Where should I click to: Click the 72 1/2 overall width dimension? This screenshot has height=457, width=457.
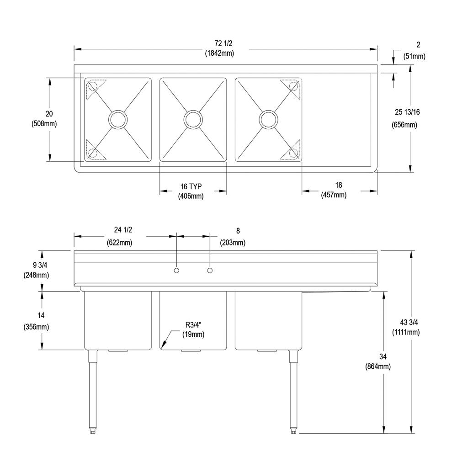223,43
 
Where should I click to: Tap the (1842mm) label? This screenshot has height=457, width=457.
219,53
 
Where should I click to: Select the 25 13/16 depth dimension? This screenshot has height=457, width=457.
407,112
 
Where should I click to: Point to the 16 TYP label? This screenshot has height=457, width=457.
191,186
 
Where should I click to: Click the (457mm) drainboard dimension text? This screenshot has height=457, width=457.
334,195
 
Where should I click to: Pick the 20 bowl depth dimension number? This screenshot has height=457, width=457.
49,114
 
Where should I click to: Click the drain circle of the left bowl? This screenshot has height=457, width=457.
118,119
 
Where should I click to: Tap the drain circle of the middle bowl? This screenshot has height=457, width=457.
193,119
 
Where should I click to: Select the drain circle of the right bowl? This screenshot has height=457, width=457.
268,119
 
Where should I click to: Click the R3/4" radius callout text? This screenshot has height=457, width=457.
193,324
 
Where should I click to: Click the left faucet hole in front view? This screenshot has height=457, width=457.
176,271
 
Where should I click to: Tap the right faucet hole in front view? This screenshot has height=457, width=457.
210,271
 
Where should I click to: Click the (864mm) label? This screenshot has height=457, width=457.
378,367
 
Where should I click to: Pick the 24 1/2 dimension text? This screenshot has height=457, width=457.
123,230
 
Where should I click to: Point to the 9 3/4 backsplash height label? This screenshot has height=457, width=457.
40,265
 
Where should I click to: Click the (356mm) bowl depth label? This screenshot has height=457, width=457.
36,327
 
